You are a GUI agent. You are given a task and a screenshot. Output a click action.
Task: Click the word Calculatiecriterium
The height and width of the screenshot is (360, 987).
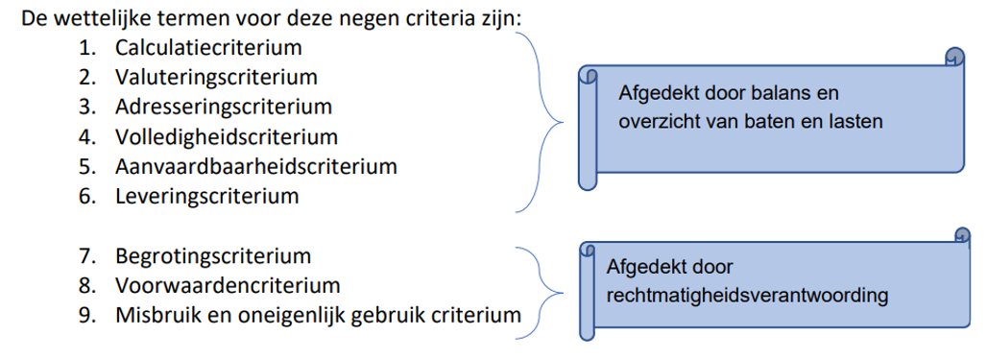point(207,46)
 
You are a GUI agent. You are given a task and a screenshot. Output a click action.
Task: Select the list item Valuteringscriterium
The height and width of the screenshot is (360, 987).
point(216,76)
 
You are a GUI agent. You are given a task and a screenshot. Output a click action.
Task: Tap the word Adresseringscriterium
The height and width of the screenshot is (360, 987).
point(223,106)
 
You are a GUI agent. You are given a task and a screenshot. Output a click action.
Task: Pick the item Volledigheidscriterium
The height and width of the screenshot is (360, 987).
point(226,136)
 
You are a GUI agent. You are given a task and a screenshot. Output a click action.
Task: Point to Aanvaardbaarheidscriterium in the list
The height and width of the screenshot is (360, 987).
point(255,166)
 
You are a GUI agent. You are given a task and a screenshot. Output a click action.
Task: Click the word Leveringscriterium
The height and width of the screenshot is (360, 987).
point(206,196)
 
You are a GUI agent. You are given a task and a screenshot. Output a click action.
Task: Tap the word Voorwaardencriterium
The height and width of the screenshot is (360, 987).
point(228,285)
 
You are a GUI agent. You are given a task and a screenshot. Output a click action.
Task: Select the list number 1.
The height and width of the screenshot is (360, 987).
point(85,46)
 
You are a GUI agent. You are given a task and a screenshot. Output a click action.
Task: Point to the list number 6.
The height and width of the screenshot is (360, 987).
point(85,196)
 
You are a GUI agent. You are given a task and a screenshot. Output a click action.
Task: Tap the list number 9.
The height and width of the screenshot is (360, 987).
point(85,315)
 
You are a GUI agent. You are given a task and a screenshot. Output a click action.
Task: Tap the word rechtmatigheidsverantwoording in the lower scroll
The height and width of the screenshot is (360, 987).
point(747,294)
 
